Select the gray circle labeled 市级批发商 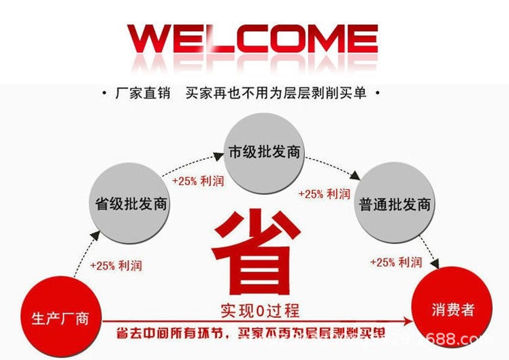264,151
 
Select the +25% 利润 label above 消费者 395,262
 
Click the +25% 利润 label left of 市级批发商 197,182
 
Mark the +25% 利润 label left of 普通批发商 325,194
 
